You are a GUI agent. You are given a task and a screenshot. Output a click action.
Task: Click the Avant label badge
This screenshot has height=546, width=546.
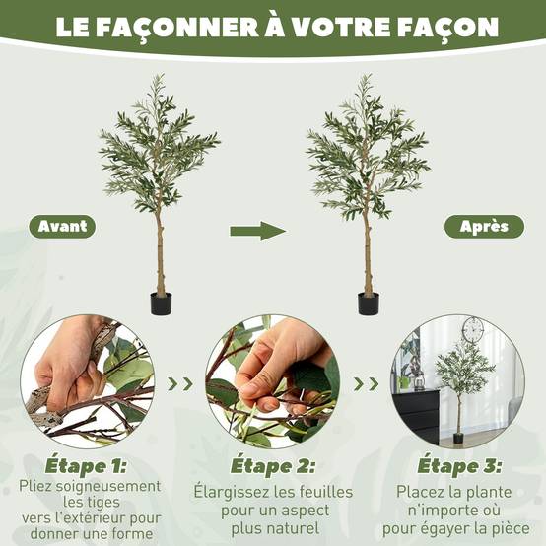(x=62, y=227)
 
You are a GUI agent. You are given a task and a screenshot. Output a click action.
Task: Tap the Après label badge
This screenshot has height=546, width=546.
(x=484, y=227)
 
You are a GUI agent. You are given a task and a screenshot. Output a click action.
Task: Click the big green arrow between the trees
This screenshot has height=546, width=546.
(x=257, y=231)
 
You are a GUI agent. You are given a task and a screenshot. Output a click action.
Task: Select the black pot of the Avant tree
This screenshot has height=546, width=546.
(x=161, y=304)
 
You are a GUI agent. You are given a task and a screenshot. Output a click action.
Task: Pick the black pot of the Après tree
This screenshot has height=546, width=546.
(x=369, y=304)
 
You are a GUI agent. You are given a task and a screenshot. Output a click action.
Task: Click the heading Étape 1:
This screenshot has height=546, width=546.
(x=86, y=466)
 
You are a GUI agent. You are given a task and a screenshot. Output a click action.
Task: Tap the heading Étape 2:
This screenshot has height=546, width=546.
(x=273, y=466)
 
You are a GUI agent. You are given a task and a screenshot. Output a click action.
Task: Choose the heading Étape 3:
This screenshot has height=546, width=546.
(x=459, y=466)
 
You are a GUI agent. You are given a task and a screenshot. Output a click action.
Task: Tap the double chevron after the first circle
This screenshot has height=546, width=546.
(x=180, y=384)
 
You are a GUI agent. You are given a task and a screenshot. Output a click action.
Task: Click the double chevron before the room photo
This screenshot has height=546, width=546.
(x=367, y=384)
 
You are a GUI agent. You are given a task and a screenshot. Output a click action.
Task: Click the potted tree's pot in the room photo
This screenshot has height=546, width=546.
(x=458, y=438)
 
